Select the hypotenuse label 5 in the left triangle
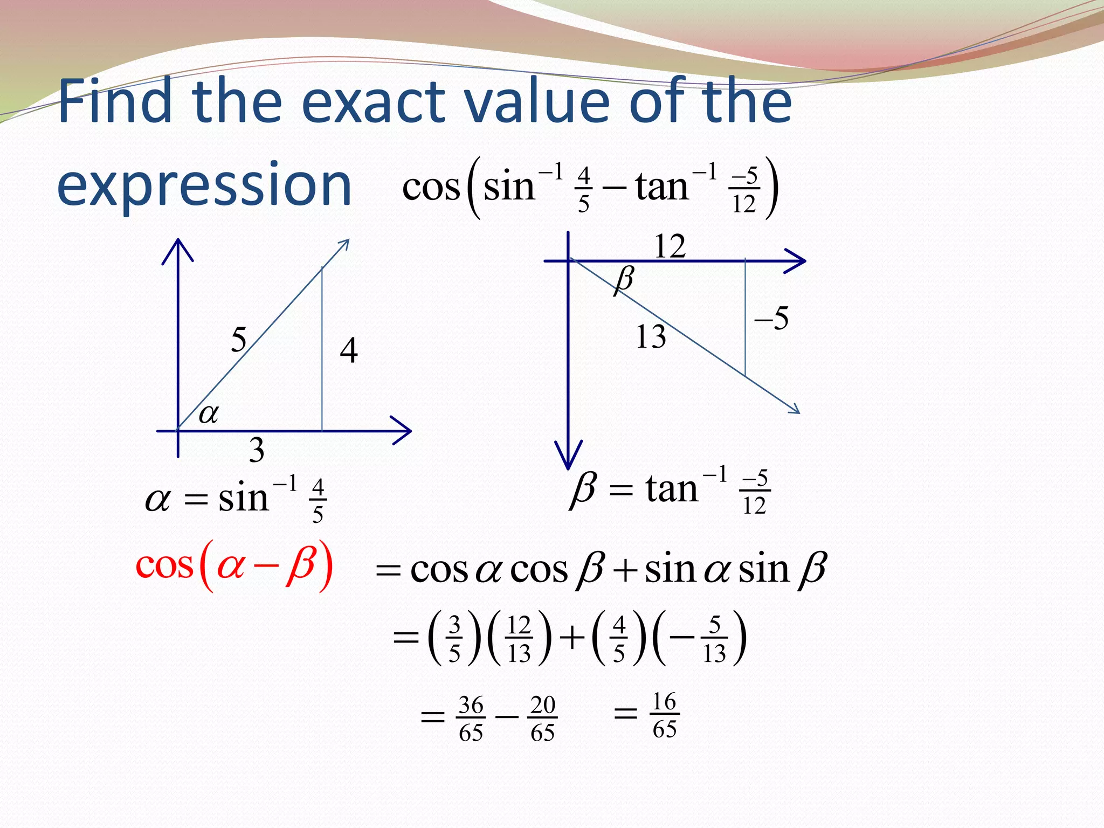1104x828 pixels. [x=238, y=340]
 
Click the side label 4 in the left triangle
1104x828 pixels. [x=349, y=350]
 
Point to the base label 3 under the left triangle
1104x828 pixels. [x=257, y=450]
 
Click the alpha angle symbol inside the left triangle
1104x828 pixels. [x=209, y=414]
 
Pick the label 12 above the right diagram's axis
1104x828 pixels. [x=670, y=246]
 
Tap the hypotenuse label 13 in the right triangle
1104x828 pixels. [x=651, y=337]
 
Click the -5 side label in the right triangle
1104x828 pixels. [x=772, y=318]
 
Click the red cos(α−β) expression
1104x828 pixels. [x=234, y=566]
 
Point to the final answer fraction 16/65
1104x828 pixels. [x=664, y=715]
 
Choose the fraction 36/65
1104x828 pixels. [x=471, y=719]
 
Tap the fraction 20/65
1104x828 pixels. [x=542, y=719]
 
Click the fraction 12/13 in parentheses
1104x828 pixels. [x=519, y=639]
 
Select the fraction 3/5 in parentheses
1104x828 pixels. [x=454, y=639]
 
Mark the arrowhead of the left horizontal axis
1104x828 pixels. [x=403, y=431]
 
